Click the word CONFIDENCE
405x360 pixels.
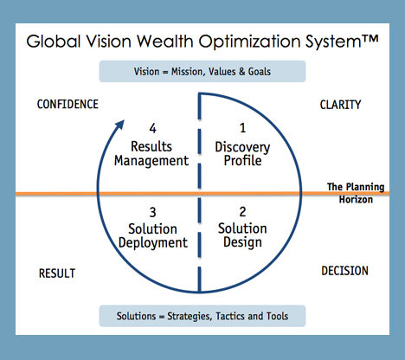(67, 104)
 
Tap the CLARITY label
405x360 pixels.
(340, 105)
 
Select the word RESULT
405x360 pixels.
(57, 273)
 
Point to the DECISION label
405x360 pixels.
(345, 271)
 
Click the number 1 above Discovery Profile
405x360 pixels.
(243, 128)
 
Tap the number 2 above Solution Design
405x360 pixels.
(242, 212)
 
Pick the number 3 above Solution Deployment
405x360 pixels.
(152, 213)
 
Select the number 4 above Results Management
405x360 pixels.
(152, 128)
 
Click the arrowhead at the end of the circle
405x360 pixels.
(120, 125)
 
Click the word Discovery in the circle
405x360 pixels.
(242, 147)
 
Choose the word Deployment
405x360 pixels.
(153, 243)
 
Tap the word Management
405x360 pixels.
(151, 161)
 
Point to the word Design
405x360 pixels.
(242, 242)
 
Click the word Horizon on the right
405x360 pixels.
(356, 199)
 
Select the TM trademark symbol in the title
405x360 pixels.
(370, 40)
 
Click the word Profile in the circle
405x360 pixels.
(243, 161)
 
